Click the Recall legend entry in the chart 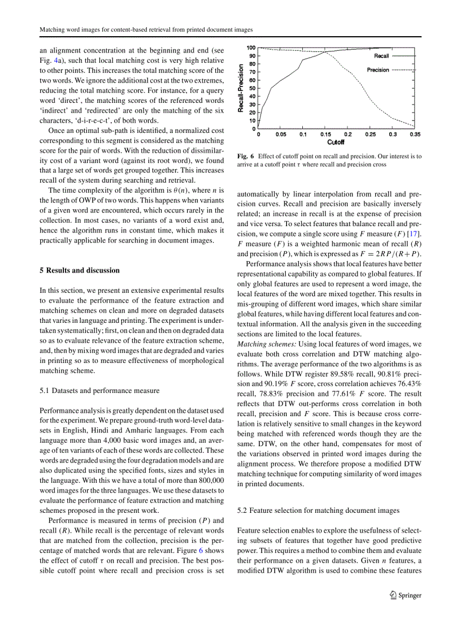pyautogui.click(x=381, y=56)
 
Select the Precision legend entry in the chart pyautogui.click(x=378, y=70)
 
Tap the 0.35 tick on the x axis pyautogui.click(x=415, y=135)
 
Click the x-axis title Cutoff pyautogui.click(x=336, y=142)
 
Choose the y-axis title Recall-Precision pyautogui.click(x=241, y=88)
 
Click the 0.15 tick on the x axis pyautogui.click(x=325, y=135)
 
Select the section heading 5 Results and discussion pyautogui.click(x=80, y=270)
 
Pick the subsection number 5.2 pyautogui.click(x=243, y=510)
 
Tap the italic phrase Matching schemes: pyautogui.click(x=264, y=344)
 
